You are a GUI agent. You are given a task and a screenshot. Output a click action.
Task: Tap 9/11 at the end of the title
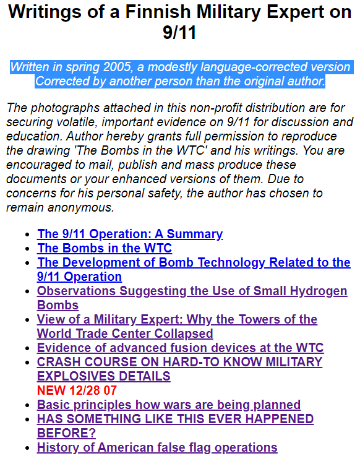click(179, 32)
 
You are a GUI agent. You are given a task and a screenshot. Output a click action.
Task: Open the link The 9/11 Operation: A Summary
click(130, 234)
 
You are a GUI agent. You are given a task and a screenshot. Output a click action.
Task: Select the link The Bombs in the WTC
click(105, 248)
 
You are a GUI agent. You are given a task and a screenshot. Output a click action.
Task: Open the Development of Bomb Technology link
click(194, 262)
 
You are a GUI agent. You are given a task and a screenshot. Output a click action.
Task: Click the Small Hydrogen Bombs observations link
click(192, 291)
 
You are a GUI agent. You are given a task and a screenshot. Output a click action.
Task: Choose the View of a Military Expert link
click(177, 319)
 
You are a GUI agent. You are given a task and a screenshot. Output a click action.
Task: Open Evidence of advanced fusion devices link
click(180, 348)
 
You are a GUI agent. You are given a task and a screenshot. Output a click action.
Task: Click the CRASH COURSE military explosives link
click(179, 362)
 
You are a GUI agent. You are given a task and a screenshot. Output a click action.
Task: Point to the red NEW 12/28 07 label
click(77, 390)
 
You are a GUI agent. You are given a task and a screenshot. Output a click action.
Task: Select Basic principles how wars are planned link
click(169, 405)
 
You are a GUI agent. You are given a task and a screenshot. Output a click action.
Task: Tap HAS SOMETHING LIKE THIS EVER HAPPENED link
click(175, 419)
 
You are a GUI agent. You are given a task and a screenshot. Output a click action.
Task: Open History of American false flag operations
click(157, 447)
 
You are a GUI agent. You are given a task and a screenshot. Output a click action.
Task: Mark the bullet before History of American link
click(26, 448)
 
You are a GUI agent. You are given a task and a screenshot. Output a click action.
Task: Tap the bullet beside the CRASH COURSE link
click(26, 363)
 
